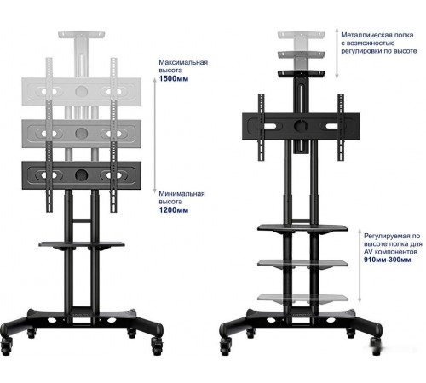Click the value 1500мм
click(x=174, y=78)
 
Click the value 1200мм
click(x=174, y=210)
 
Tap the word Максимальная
click(x=183, y=62)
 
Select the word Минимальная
click(x=181, y=193)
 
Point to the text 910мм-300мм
click(x=388, y=260)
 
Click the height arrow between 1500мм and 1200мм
click(x=155, y=135)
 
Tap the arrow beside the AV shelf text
click(x=360, y=266)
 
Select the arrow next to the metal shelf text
click(x=337, y=53)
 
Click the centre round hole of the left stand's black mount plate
click(x=82, y=175)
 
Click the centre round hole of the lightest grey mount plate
click(x=82, y=91)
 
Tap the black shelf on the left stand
click(x=82, y=245)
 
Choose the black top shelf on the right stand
click(x=301, y=74)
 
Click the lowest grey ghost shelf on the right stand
click(x=302, y=298)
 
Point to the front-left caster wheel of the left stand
click(x=6, y=346)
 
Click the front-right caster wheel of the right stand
click(x=377, y=346)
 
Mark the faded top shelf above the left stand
click(x=82, y=35)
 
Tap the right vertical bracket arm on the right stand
click(x=341, y=128)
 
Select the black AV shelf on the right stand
click(x=302, y=228)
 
